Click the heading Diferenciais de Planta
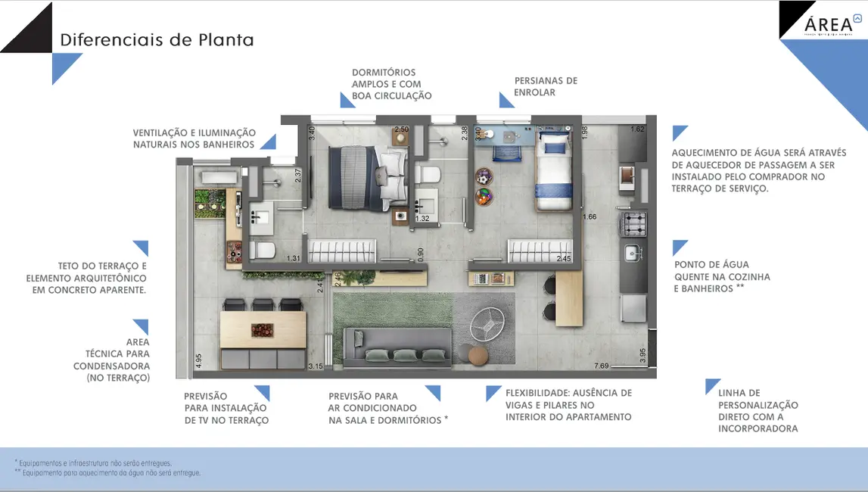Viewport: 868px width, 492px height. pos(157,39)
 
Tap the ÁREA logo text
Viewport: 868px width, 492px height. pos(827,23)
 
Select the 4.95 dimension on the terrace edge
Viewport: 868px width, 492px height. pos(198,361)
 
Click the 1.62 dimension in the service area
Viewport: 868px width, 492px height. pos(637,129)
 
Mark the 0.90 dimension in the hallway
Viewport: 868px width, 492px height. pos(421,254)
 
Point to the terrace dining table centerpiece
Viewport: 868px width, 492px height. pos(263,329)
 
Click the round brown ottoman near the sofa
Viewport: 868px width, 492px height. pos(479,354)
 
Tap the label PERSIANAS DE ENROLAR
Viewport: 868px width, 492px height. pos(546,86)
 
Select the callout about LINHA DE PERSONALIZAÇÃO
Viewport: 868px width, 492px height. pos(758,410)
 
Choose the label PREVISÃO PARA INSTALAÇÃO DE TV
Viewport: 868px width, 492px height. pos(226,408)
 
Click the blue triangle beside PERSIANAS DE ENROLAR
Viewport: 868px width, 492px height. pos(506,100)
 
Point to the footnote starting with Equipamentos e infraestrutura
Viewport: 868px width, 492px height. pos(95,462)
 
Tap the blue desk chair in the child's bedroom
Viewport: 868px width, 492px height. pos(503,151)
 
